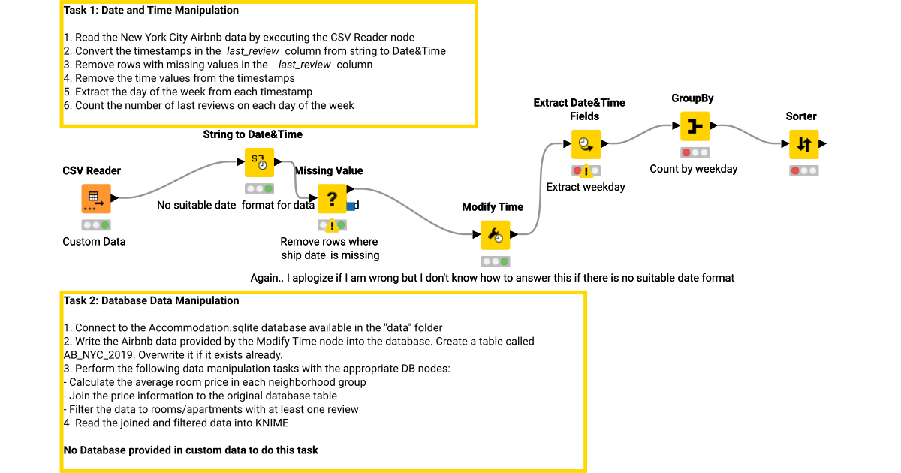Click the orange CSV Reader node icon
coord(96,199)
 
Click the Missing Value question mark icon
coord(332,199)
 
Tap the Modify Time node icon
coord(495,235)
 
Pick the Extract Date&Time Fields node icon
coord(585,144)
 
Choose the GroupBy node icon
coord(695,126)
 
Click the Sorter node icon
coord(803,144)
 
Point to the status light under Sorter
coord(803,170)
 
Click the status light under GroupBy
coord(695,152)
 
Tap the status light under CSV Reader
coord(96,225)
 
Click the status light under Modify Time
coord(495,261)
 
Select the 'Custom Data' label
coord(94,242)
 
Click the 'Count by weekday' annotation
coord(693,169)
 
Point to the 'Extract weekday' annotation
coord(585,187)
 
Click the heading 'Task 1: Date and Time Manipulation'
coord(151,11)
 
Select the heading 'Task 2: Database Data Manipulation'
coord(151,300)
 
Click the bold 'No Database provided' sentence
coord(191,450)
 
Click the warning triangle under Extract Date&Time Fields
coord(586,173)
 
